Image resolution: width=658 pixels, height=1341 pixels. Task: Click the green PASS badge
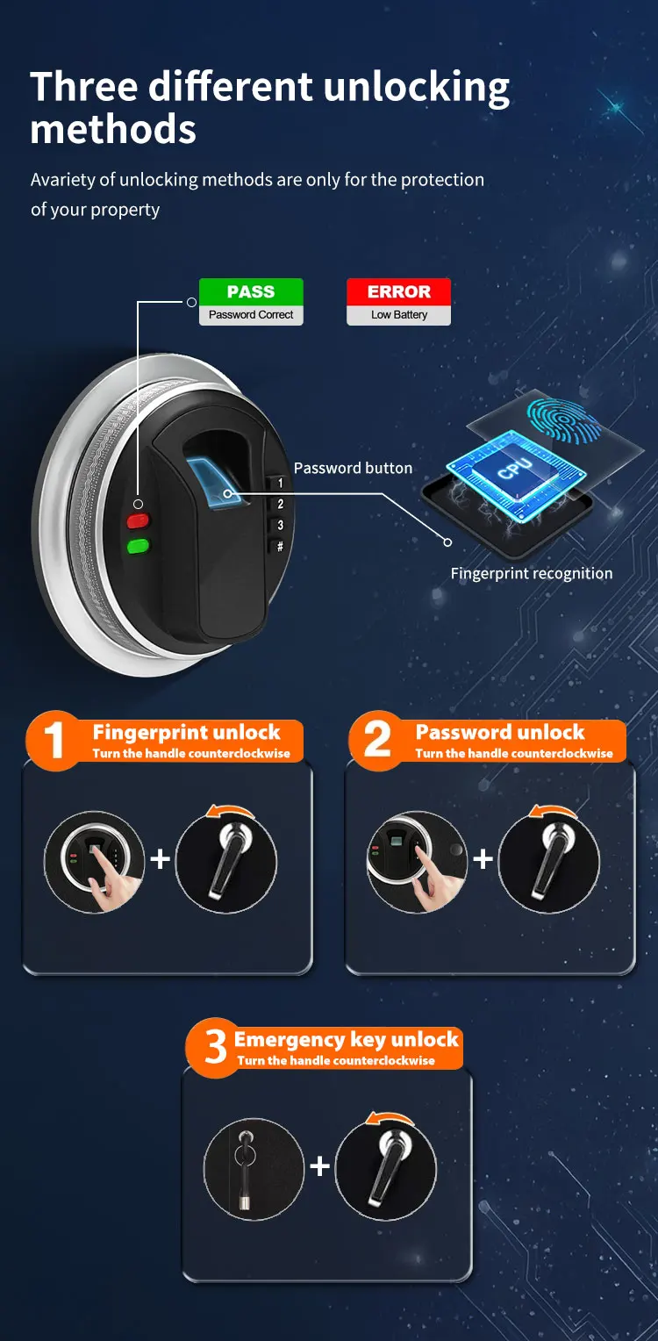tap(251, 291)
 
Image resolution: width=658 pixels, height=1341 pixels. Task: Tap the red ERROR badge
tap(398, 291)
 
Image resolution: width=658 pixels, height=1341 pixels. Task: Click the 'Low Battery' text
tap(398, 315)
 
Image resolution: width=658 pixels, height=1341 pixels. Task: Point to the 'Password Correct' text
tap(251, 315)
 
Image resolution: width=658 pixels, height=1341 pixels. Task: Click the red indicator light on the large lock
tap(138, 521)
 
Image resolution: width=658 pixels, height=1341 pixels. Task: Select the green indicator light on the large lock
tap(138, 547)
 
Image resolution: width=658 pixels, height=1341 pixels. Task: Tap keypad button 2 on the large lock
tap(281, 505)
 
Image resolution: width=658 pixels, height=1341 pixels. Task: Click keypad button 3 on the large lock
tap(281, 526)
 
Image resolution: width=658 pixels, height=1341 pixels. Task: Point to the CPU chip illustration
tap(513, 470)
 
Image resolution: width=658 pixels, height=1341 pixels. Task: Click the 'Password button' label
tap(353, 468)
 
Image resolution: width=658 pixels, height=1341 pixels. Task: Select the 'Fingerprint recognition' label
tap(532, 573)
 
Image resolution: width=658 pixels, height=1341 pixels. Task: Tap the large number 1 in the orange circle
tap(54, 740)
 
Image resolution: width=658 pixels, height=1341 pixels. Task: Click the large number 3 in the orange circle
tap(216, 1047)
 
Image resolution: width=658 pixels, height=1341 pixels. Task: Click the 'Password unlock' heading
tap(500, 732)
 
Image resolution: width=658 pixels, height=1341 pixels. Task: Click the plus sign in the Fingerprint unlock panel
tap(160, 858)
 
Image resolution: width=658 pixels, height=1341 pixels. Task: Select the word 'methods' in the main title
tap(113, 130)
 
